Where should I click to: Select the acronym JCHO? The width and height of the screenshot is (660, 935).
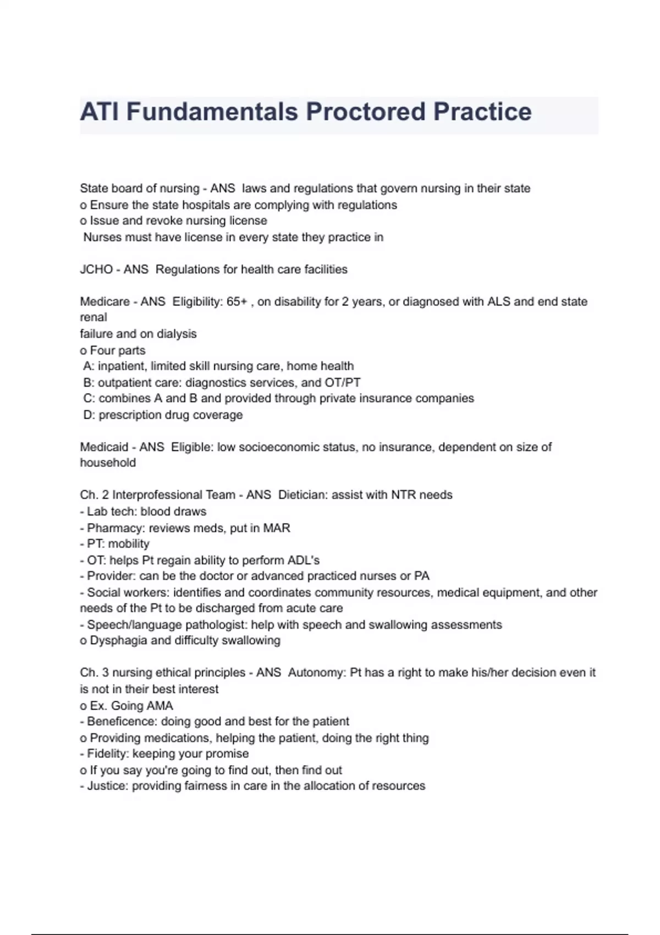(x=96, y=269)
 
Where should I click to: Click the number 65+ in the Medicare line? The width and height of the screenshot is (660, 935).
(x=237, y=301)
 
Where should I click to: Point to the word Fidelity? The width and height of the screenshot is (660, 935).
(x=107, y=754)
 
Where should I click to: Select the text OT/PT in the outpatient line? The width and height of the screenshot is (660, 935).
(x=342, y=383)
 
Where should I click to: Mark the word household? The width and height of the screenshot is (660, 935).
(x=108, y=463)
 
